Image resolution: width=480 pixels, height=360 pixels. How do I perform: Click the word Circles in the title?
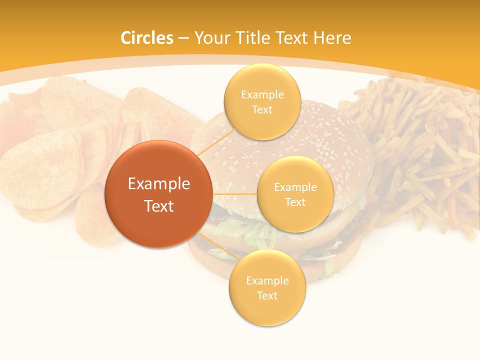click(146, 38)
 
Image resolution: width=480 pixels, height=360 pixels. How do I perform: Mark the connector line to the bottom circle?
click(217, 246)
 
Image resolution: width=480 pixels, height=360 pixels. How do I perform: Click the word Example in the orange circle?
click(159, 184)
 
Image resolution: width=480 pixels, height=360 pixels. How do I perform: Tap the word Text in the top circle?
click(262, 110)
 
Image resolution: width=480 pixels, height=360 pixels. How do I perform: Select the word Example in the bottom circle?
click(267, 281)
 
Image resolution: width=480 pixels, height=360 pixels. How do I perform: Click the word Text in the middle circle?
click(295, 202)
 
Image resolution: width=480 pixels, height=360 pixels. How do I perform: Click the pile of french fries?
click(420, 150)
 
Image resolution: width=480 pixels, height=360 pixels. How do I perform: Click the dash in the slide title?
click(183, 38)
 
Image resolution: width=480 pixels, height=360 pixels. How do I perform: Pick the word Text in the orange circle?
click(159, 206)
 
